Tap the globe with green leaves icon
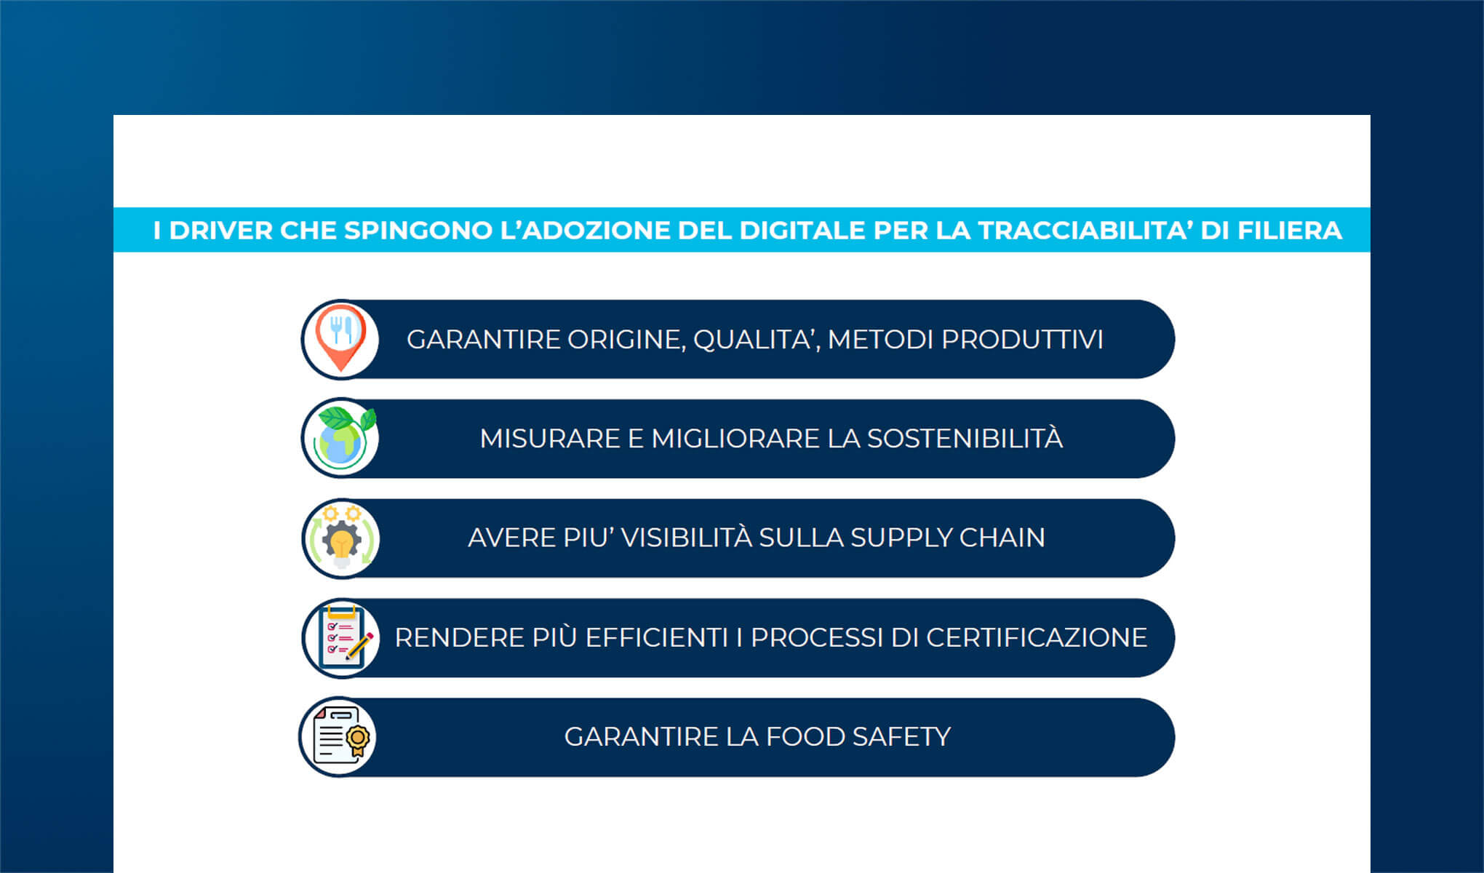tap(340, 438)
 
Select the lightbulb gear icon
tap(340, 538)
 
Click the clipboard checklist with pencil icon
tap(340, 638)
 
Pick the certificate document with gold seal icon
tap(339, 737)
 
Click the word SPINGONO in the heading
tap(418, 231)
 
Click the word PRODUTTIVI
tap(1022, 340)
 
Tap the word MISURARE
tap(549, 439)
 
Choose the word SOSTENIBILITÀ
tap(965, 439)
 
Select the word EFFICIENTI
tap(656, 638)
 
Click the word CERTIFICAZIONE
tap(1036, 638)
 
